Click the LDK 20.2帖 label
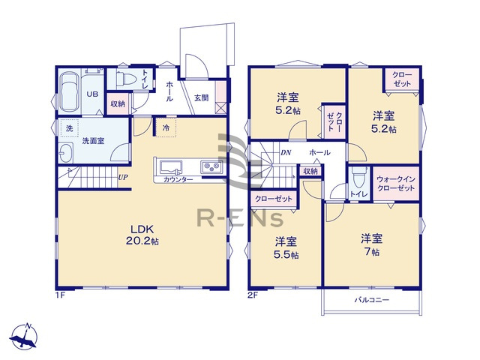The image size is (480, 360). click(x=143, y=234)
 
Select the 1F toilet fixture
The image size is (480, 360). click(x=123, y=78)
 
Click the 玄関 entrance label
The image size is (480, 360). click(x=201, y=97)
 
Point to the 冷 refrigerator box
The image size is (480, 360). click(x=166, y=128)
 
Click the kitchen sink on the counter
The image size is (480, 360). click(x=169, y=166)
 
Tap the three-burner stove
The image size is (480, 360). click(x=210, y=166)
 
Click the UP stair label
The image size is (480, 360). click(x=122, y=178)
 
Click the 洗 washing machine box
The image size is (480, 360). click(x=69, y=129)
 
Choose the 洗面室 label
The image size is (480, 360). click(x=94, y=140)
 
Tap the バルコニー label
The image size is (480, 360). click(x=370, y=300)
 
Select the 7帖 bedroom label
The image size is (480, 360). click(x=372, y=245)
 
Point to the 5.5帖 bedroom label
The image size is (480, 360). click(x=286, y=248)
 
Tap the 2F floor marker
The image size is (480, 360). click(x=253, y=295)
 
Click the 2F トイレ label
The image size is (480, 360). click(x=358, y=194)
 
